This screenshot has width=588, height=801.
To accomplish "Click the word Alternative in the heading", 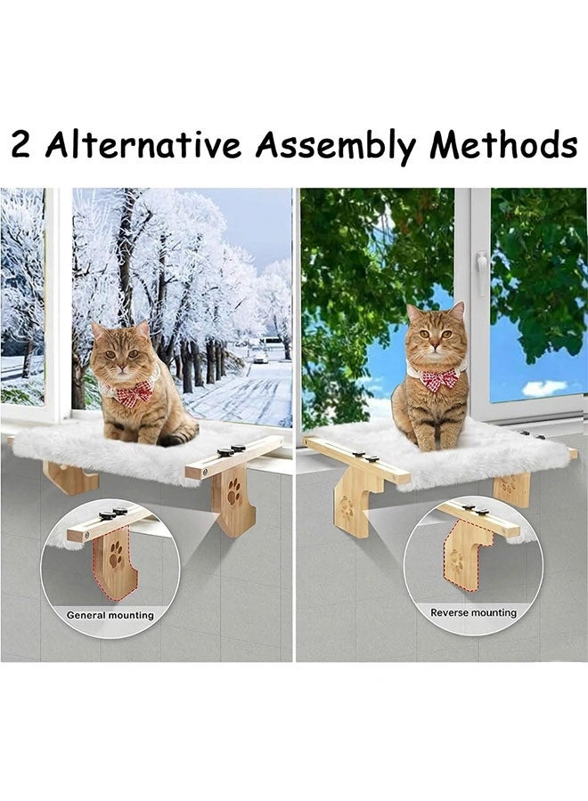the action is click(143, 144).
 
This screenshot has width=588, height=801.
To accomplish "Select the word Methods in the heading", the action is click(503, 144).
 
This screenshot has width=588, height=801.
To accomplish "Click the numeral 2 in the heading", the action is click(21, 145).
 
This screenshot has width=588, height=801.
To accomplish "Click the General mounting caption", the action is click(110, 615).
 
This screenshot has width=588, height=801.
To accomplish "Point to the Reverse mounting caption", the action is click(473, 612).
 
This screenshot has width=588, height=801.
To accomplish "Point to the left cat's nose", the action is click(120, 366).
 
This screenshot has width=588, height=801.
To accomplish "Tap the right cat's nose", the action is click(435, 348).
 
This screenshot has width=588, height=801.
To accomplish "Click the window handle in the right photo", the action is click(480, 273).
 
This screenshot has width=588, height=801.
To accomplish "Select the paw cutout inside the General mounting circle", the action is click(116, 554).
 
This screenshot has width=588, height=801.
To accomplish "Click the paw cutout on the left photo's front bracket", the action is click(233, 490).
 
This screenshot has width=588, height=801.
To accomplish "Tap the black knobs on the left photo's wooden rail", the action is click(231, 450).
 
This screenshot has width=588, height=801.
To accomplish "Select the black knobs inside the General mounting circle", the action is click(113, 513).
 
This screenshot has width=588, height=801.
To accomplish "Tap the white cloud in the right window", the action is click(544, 388).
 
